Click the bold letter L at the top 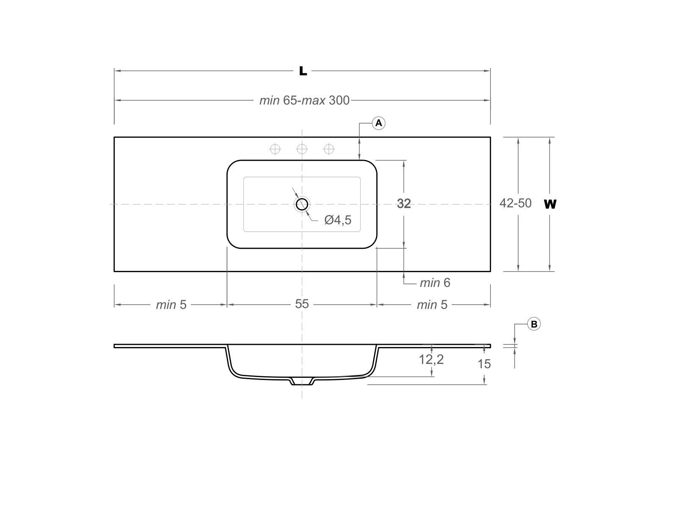pos(303,71)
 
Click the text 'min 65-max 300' pos(304,100)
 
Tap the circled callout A pos(378,123)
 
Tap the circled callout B pos(534,324)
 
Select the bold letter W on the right pos(550,204)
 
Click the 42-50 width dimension pos(515,204)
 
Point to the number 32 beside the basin pos(404,204)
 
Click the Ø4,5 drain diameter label pos(338,220)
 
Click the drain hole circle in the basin pos(302,204)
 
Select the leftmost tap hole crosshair pos(275,149)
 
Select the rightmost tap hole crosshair pos(329,149)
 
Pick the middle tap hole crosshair pos(302,149)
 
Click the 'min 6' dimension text pos(435,283)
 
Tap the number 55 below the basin pos(302,304)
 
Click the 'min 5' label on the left pos(171,305)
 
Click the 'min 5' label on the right pos(432,305)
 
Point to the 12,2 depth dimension pos(431,359)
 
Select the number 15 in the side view pos(484,364)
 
